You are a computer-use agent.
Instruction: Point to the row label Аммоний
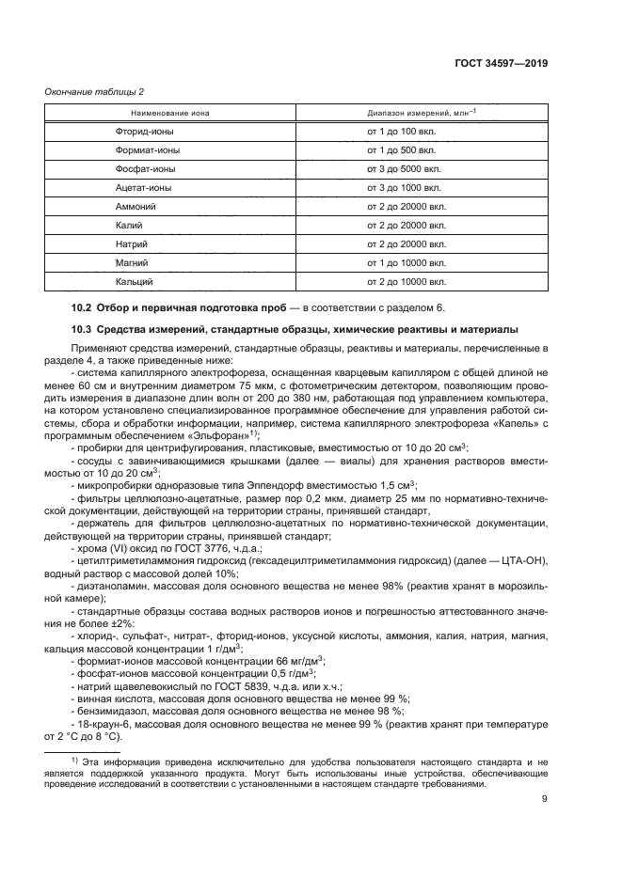click(135, 206)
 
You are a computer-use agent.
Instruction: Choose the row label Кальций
click(134, 281)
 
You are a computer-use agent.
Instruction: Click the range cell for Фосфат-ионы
click(401, 169)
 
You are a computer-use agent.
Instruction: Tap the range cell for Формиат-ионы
click(399, 150)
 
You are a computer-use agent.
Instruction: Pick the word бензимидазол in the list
click(108, 712)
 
